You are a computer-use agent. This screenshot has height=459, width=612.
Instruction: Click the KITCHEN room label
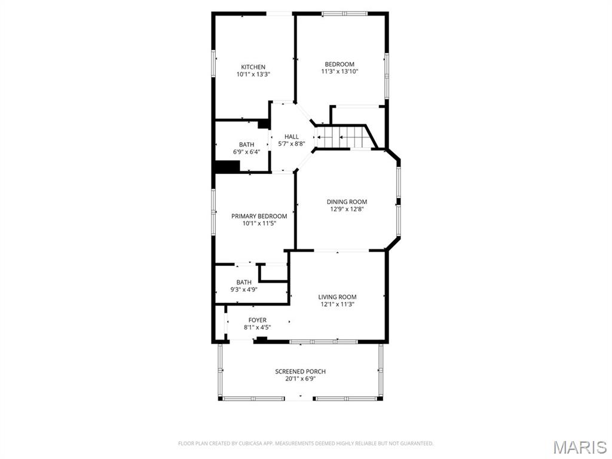253,67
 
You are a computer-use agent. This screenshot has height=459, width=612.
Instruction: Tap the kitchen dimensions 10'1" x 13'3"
253,75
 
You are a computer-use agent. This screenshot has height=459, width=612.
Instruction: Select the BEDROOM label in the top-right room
339,65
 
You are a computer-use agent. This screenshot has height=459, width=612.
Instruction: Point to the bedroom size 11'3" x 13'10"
339,72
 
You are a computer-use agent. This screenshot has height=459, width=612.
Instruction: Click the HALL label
291,137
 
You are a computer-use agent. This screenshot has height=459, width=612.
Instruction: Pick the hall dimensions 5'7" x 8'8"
291,144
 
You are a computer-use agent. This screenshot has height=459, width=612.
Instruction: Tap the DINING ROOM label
347,202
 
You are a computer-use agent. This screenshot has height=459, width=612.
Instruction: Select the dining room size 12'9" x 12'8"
347,209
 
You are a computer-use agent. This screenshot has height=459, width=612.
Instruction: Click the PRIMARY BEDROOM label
259,216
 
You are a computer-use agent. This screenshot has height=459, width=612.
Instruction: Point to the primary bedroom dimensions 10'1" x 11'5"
259,224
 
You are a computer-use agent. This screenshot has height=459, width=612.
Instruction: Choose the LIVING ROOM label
337,297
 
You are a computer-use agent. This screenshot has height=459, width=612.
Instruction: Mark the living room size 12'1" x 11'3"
337,304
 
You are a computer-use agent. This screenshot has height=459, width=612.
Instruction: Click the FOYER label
258,320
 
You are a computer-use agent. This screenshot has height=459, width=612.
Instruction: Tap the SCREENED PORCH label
300,372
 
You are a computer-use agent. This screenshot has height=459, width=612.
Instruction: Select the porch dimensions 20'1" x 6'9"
300,379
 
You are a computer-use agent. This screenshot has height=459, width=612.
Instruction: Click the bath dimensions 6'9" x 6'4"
246,152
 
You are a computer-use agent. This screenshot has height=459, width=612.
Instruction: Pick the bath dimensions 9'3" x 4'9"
243,290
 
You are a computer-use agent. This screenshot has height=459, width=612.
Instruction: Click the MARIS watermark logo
580,447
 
